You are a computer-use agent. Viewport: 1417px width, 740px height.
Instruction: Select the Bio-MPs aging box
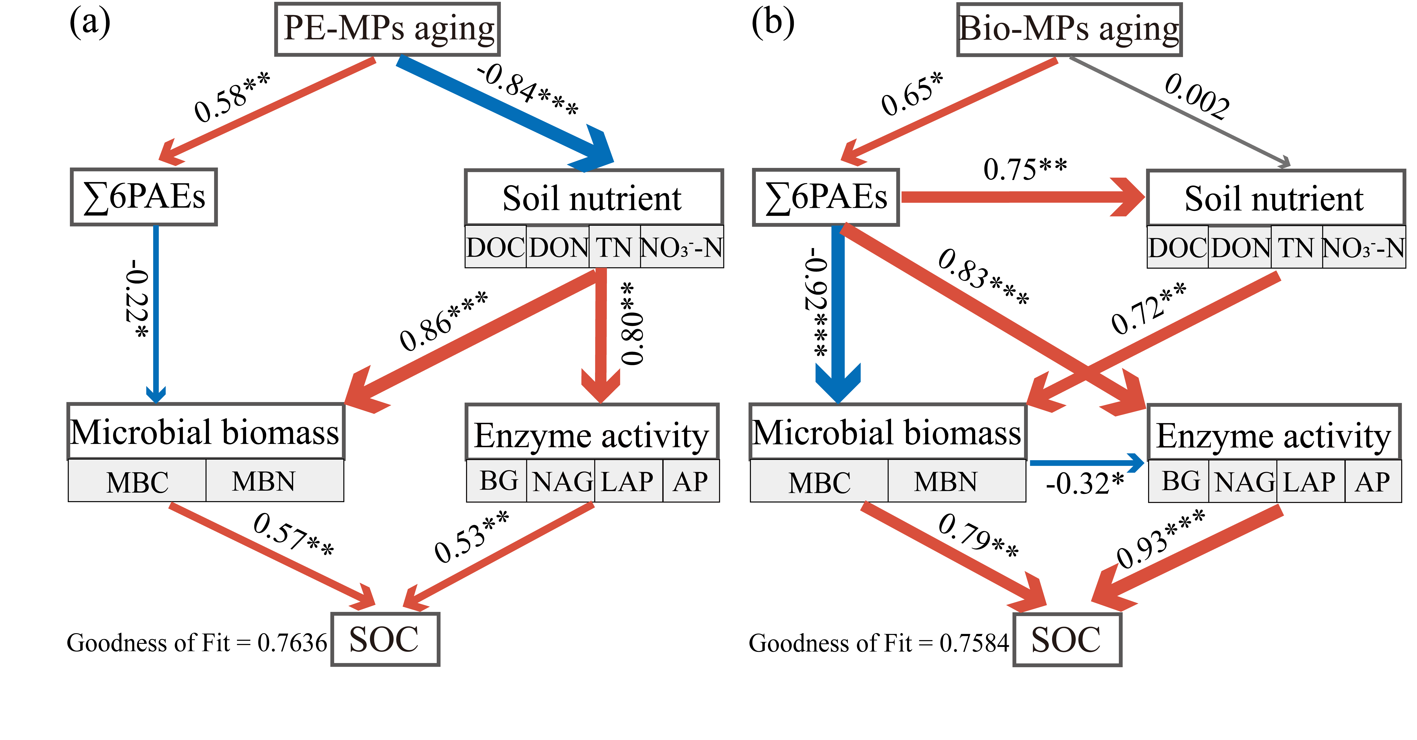pyautogui.click(x=1069, y=29)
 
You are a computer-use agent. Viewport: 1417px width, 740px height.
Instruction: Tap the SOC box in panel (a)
pyautogui.click(x=385, y=639)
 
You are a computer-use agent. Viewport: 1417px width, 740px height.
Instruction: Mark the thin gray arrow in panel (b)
pyautogui.click(x=1177, y=110)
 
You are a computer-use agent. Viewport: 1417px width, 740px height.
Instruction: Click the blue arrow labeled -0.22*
pyautogui.click(x=156, y=314)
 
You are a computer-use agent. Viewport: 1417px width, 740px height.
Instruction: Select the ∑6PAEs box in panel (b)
pyautogui.click(x=826, y=197)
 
